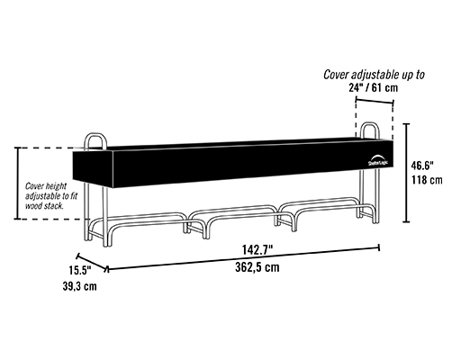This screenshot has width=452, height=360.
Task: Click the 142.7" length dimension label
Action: pos(258,250)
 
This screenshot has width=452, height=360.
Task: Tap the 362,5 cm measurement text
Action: pos(258,267)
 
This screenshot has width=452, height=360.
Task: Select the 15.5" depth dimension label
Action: pos(80,270)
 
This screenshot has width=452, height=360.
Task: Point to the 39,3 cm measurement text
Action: pos(80,286)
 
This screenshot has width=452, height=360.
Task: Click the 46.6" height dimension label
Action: pos(422,165)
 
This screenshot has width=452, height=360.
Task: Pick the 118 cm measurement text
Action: pos(427,180)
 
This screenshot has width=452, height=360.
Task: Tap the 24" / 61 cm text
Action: pos(374,87)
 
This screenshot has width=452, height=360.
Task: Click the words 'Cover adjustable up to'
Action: pos(374,75)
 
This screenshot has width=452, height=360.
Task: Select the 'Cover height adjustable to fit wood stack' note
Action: pos(50,196)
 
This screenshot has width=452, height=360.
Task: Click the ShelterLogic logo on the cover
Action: pos(377,160)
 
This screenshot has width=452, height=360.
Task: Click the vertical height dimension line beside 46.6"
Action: pos(406,173)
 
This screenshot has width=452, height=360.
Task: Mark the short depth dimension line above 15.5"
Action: pos(92,263)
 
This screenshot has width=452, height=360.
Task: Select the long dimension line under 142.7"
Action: pos(244,258)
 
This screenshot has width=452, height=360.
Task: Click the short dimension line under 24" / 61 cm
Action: pos(375,101)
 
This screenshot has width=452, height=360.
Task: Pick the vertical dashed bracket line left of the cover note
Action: pos(18,183)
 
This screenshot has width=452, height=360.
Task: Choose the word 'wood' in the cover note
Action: pos(33,206)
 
